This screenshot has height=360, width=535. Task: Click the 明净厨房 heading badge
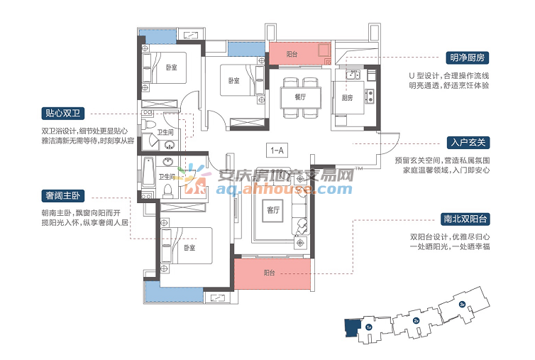click(467, 58)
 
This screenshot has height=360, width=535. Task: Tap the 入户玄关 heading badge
click(468, 143)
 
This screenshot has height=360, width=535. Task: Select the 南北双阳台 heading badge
click(465, 219)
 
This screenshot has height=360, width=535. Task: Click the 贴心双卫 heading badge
click(62, 113)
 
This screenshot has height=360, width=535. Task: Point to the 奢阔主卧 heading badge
click(62, 196)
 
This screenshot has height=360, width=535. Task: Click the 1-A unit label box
click(277, 151)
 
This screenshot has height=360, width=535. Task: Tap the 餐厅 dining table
click(301, 97)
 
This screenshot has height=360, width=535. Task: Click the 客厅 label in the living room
click(273, 210)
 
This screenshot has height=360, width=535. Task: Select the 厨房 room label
click(347, 98)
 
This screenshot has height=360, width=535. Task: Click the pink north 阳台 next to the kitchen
click(300, 53)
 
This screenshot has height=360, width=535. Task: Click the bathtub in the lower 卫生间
click(148, 172)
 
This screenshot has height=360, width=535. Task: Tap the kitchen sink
click(353, 74)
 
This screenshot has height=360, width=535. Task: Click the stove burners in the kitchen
click(369, 96)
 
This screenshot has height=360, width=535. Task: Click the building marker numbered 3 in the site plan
click(463, 304)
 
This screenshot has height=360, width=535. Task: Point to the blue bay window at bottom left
click(175, 293)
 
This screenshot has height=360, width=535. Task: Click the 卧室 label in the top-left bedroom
click(171, 67)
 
